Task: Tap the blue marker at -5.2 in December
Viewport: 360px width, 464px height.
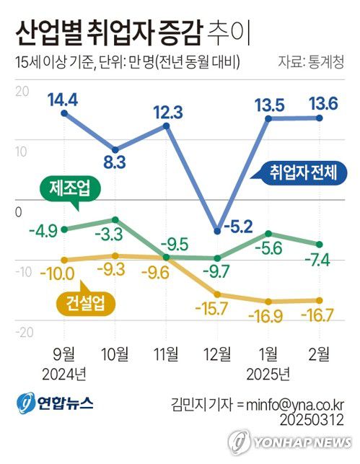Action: [x=217, y=231]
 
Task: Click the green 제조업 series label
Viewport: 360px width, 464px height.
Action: [x=70, y=190]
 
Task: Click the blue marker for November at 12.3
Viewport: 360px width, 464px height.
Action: [x=167, y=126]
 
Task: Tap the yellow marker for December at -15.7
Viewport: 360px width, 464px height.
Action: [x=217, y=294]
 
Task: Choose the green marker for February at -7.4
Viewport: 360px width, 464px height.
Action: [x=320, y=244]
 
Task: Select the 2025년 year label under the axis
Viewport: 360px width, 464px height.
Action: [x=268, y=373]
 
